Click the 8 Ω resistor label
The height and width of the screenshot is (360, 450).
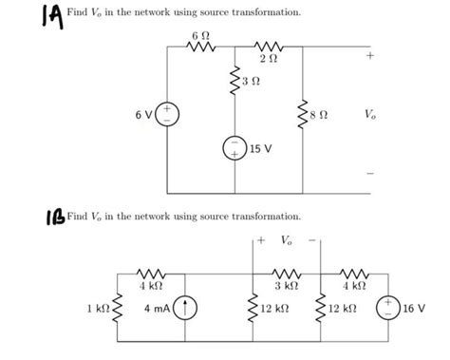tap(325, 118)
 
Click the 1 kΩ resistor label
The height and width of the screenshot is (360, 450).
tap(98, 309)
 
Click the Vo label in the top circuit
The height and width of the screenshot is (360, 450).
tap(368, 118)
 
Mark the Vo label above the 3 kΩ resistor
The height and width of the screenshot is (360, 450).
tap(288, 239)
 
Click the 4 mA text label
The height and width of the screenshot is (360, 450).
tap(156, 309)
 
